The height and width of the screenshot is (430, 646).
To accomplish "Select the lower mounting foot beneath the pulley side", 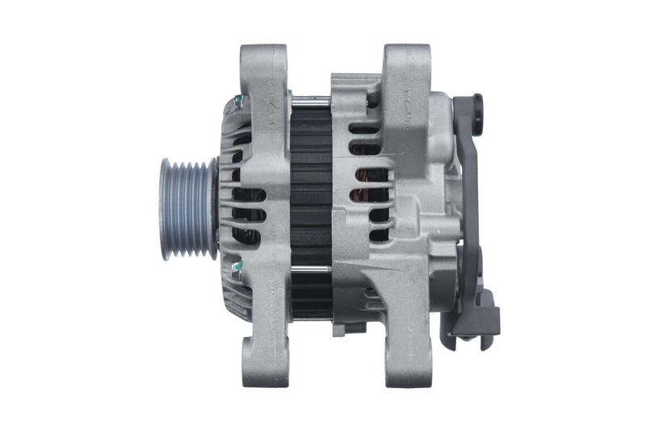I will (x=265, y=355).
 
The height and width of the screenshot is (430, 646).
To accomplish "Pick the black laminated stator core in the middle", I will (x=311, y=186).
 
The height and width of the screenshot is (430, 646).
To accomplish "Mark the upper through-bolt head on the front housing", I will (x=239, y=102).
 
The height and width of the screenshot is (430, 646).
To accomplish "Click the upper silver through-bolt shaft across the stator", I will (x=311, y=100).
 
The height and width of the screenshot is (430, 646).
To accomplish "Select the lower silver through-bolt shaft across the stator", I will (x=311, y=269).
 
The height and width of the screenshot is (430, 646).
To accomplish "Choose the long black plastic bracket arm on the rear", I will (x=466, y=202).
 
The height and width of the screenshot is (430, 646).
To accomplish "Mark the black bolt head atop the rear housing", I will (x=372, y=102).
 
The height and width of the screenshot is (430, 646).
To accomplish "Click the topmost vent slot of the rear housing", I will (x=365, y=129).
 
